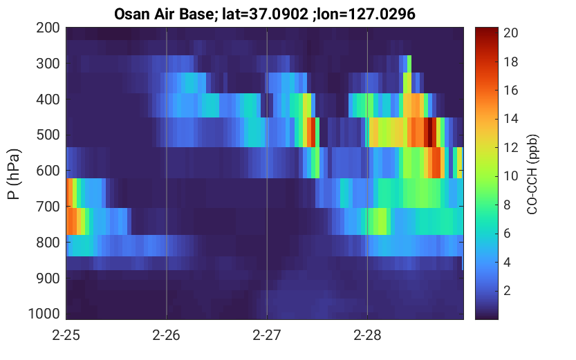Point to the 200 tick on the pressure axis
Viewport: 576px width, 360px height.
pyautogui.click(x=48, y=28)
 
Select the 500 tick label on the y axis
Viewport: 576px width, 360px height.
pyautogui.click(x=48, y=135)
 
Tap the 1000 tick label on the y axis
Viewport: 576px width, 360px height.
pyautogui.click(x=44, y=314)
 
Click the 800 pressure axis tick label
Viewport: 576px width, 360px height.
pyautogui.click(x=48, y=243)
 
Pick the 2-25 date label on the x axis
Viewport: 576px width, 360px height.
pyautogui.click(x=66, y=335)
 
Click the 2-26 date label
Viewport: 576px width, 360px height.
pyautogui.click(x=167, y=335)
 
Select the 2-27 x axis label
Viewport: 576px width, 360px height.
pyautogui.click(x=267, y=335)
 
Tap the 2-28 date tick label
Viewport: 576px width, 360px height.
pyautogui.click(x=367, y=335)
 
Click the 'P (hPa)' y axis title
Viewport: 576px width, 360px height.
pyautogui.click(x=14, y=174)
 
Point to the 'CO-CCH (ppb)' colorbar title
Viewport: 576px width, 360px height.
pyautogui.click(x=532, y=174)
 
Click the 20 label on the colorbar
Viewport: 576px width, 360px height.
pyautogui.click(x=510, y=33)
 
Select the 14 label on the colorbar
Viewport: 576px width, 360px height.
pyautogui.click(x=510, y=119)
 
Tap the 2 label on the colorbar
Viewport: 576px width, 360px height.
pyautogui.click(x=508, y=291)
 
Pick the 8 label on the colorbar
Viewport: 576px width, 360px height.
pyautogui.click(x=508, y=205)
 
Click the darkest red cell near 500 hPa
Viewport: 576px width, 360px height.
pyautogui.click(x=428, y=132)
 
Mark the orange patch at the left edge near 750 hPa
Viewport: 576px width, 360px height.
pyautogui.click(x=71, y=221)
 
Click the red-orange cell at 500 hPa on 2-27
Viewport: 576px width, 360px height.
pyautogui.click(x=311, y=132)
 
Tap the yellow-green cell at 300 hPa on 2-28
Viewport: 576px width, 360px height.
pyautogui.click(x=409, y=64)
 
